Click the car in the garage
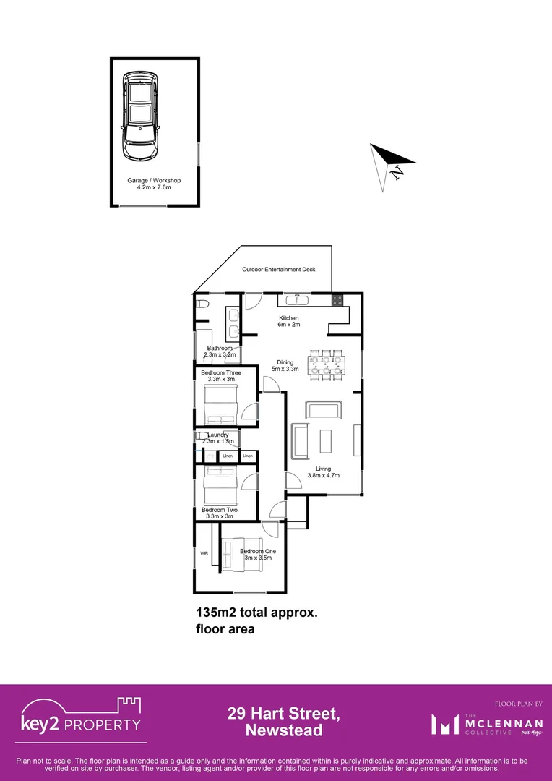tap(140, 116)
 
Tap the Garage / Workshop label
tap(154, 184)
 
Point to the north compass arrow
tap(390, 163)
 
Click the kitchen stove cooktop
tap(337, 299)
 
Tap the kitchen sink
tap(296, 299)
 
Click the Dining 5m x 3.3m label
tap(285, 366)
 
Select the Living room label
tap(323, 471)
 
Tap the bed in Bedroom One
tap(241, 555)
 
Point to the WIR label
tap(204, 553)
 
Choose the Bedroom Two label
tap(220, 513)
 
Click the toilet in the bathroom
tap(202, 304)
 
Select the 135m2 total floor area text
tap(256, 620)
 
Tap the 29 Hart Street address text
tap(283, 722)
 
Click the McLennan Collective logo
tap(478, 723)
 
